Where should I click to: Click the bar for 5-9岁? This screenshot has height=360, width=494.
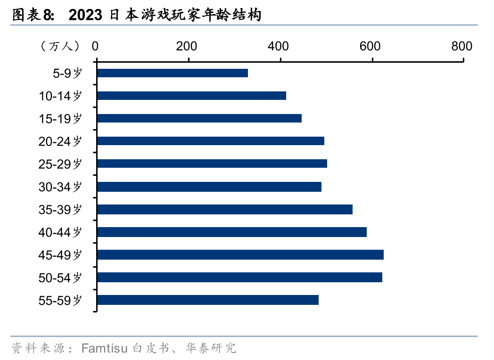pyautogui.click(x=172, y=73)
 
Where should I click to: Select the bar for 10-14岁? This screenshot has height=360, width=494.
pyautogui.click(x=191, y=96)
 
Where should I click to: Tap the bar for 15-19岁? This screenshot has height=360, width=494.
pyautogui.click(x=199, y=118)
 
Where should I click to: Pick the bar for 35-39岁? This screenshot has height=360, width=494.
pyautogui.click(x=224, y=209)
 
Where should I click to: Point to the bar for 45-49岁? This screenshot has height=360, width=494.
pyautogui.click(x=240, y=254)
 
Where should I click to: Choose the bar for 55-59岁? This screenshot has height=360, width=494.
pyautogui.click(x=207, y=300)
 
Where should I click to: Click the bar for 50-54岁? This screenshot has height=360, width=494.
pyautogui.click(x=239, y=277)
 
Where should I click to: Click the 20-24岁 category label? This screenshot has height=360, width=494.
pyautogui.click(x=60, y=141)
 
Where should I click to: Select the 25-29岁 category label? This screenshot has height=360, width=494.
pyautogui.click(x=60, y=164)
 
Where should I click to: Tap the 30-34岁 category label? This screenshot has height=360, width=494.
pyautogui.click(x=60, y=187)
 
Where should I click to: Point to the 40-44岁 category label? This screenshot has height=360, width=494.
pyautogui.click(x=60, y=232)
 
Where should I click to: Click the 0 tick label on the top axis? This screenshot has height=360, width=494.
pyautogui.click(x=96, y=46)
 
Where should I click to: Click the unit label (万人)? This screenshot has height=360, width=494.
pyautogui.click(x=60, y=46)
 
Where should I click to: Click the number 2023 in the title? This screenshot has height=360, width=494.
pyautogui.click(x=85, y=15)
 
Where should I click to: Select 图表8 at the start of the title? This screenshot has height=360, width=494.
pyautogui.click(x=32, y=15)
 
